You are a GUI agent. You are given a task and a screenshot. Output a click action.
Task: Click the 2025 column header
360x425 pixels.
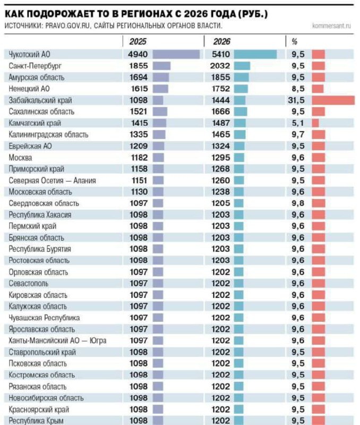pyautogui.click(x=138, y=41)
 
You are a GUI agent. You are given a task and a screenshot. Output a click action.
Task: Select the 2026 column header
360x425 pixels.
pyautogui.click(x=221, y=41)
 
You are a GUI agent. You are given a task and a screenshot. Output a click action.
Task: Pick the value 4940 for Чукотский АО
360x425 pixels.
pyautogui.click(x=138, y=54)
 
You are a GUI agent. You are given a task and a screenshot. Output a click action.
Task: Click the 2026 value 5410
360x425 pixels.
pyautogui.click(x=220, y=54)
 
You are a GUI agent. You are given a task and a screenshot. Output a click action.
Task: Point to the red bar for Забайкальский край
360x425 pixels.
pyautogui.click(x=333, y=100)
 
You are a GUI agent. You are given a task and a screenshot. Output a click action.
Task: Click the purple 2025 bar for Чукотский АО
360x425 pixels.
pyautogui.click(x=176, y=54)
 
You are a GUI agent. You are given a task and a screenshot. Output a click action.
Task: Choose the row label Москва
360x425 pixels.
pyautogui.click(x=21, y=158)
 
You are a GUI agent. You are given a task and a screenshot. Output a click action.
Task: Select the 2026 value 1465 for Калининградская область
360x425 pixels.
pyautogui.click(x=220, y=135)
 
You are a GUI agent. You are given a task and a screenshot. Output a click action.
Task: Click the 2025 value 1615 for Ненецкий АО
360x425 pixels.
pyautogui.click(x=138, y=89)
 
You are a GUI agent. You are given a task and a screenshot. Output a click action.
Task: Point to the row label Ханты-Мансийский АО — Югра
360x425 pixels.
pyautogui.click(x=58, y=341)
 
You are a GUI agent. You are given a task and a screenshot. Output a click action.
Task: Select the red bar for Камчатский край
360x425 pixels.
pyautogui.click(x=315, y=123)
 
